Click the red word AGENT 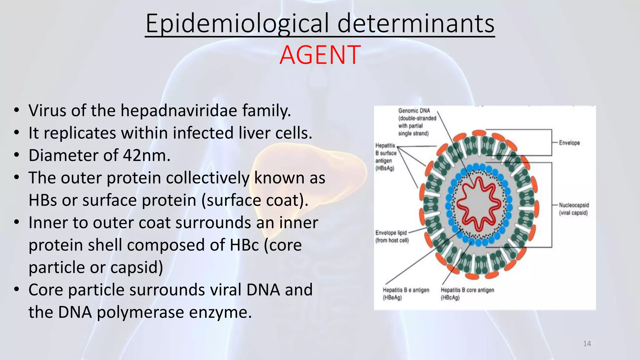coord(320,55)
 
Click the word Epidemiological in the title coord(237,24)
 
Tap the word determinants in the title coord(416,24)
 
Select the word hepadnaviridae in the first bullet coord(179,111)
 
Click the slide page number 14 coord(587,344)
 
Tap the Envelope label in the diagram coord(569,143)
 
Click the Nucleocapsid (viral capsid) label coord(573,209)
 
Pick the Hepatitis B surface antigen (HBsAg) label coord(386,157)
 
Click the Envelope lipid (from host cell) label coord(392,237)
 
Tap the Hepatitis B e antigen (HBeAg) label coord(406,293)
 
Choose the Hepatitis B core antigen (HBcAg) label coord(467,293)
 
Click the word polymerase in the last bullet coord(140,312)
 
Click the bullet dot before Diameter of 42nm coord(17,155)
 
